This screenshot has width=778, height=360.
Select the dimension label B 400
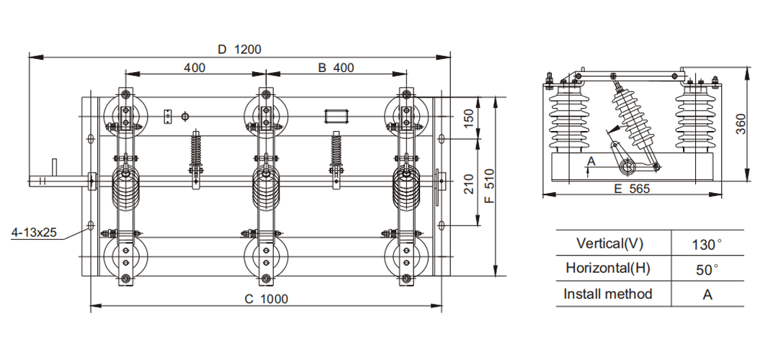click(x=336, y=68)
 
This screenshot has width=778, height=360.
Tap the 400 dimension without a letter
click(x=194, y=68)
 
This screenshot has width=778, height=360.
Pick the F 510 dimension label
click(x=489, y=188)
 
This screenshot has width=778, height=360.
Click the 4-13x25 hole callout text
click(x=35, y=233)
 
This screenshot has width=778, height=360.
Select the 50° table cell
click(x=706, y=269)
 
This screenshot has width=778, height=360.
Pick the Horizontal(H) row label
click(x=607, y=269)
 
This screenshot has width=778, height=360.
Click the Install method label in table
click(x=607, y=294)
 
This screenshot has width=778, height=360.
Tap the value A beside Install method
click(x=706, y=294)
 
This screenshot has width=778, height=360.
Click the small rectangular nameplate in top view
click(x=336, y=116)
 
